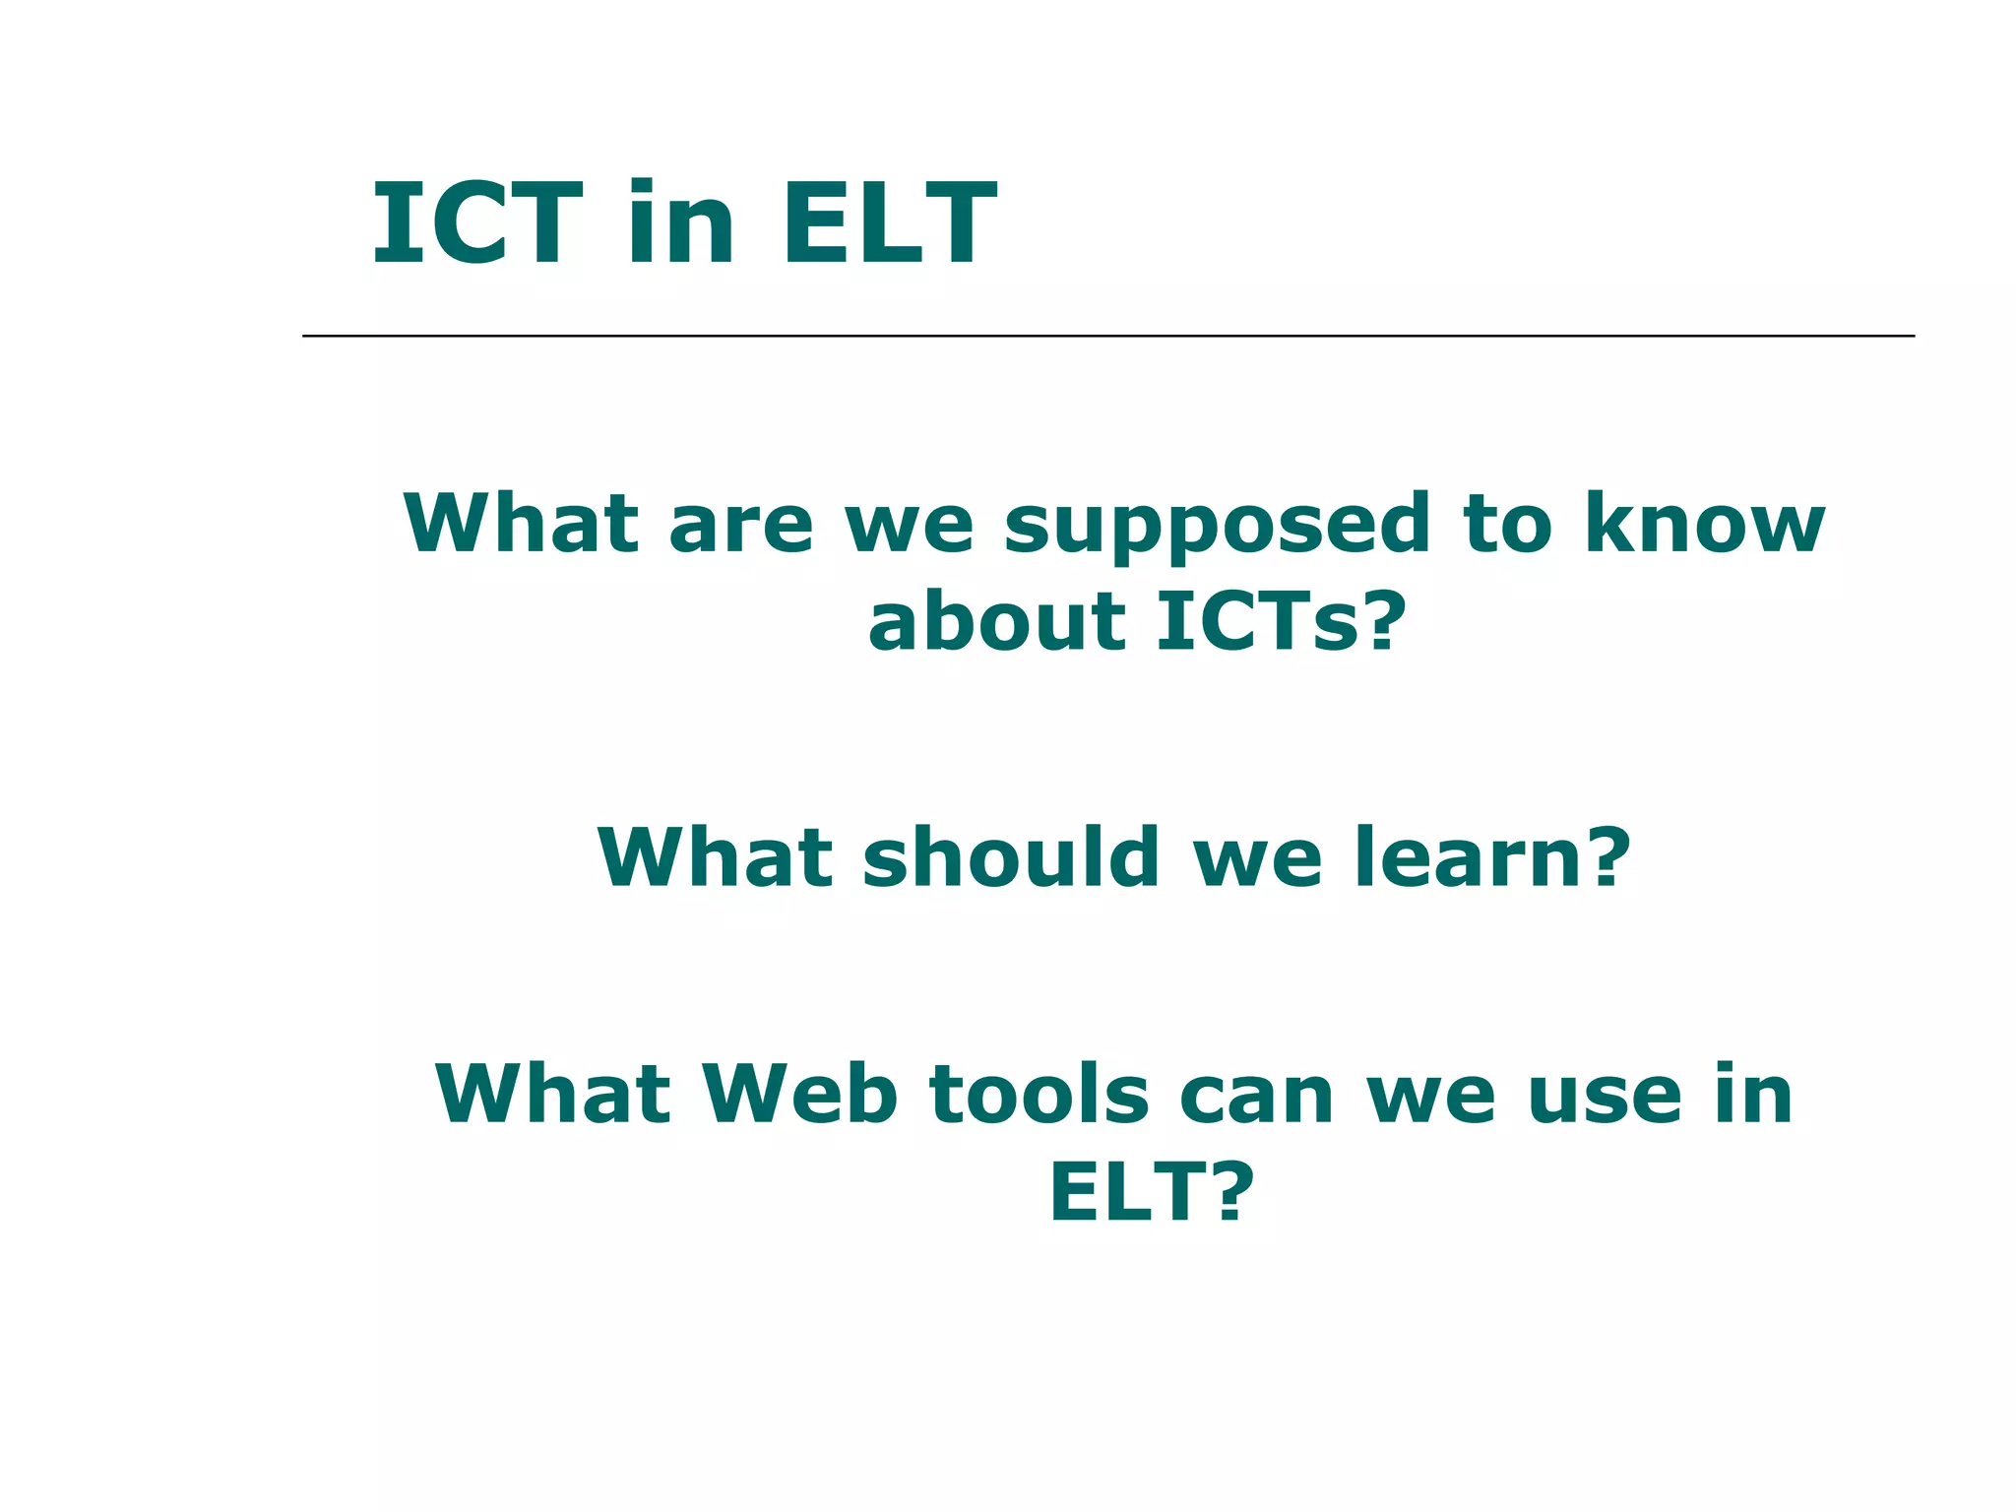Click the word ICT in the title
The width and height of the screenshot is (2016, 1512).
point(476,224)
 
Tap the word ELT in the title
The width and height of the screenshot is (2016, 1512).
point(889,224)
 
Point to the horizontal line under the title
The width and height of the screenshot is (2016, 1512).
point(1107,336)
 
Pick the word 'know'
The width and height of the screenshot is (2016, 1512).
point(1704,523)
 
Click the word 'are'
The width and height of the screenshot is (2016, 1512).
point(740,525)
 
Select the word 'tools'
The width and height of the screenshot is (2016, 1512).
point(1039,1094)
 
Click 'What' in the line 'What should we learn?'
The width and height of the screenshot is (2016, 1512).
point(714,856)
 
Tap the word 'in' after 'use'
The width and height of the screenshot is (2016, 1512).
point(1753,1094)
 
